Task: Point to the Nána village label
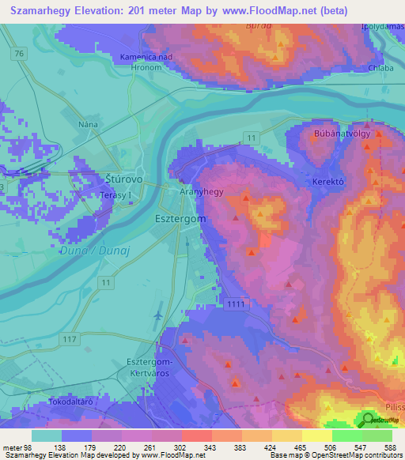pyautogui.click(x=87, y=125)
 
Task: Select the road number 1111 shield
pyautogui.click(x=236, y=303)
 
